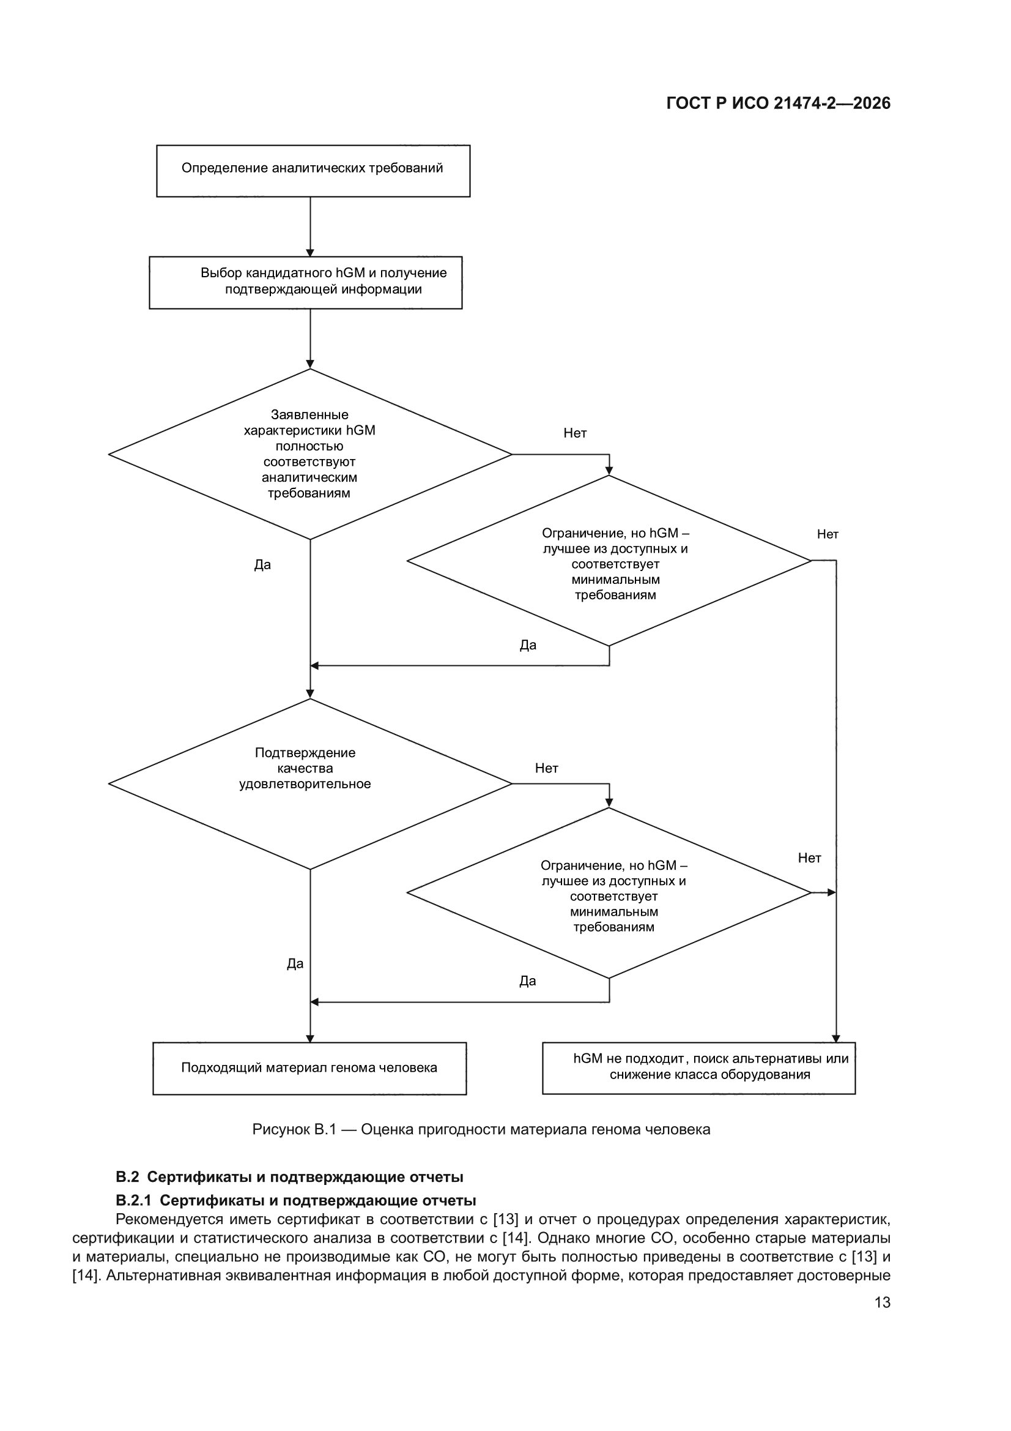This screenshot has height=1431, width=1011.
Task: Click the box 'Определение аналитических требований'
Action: pyautogui.click(x=313, y=171)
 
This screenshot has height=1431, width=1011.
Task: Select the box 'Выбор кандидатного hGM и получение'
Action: pyautogui.click(x=305, y=282)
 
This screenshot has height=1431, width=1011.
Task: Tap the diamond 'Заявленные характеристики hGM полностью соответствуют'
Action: pyautogui.click(x=310, y=454)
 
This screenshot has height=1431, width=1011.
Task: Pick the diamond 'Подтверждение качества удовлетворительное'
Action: pyautogui.click(x=310, y=783)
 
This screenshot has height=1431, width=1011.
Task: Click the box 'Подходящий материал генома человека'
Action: pyautogui.click(x=309, y=1068)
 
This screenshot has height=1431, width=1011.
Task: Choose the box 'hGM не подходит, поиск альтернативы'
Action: pyautogui.click(x=699, y=1068)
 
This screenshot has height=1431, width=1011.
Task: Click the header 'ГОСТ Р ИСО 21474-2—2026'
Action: pyautogui.click(x=778, y=103)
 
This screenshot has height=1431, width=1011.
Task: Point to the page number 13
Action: pyautogui.click(x=883, y=1302)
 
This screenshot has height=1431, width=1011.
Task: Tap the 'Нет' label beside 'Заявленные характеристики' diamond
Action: pyautogui.click(x=575, y=433)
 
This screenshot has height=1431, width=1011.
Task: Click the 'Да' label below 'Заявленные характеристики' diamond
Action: pyautogui.click(x=262, y=565)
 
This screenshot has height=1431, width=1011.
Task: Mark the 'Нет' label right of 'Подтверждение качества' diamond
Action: pyautogui.click(x=546, y=769)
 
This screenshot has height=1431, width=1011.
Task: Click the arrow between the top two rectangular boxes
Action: pyautogui.click(x=310, y=227)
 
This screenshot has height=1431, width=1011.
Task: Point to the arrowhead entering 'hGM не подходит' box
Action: pyautogui.click(x=836, y=1038)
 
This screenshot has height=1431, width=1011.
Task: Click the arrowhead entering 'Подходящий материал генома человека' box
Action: pyautogui.click(x=310, y=1038)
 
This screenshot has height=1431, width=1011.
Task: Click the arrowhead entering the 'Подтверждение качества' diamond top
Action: pyautogui.click(x=310, y=693)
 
